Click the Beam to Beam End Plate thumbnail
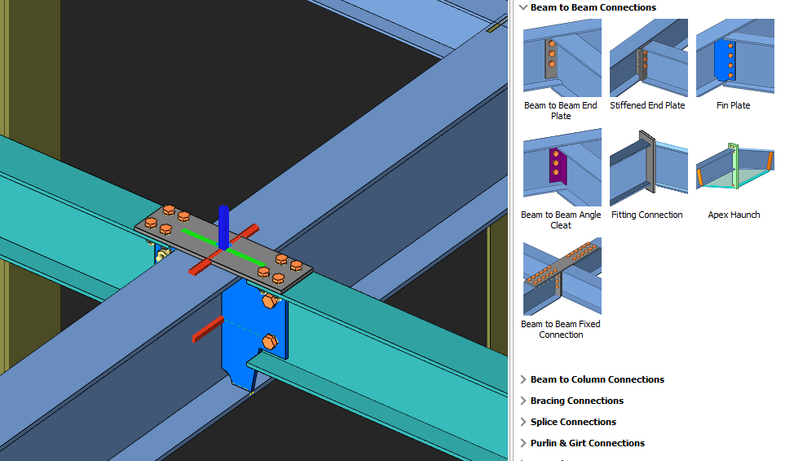pos(562,58)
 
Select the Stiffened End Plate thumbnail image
pos(648,58)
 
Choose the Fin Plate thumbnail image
pos(734,58)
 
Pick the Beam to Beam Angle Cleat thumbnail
pos(562,167)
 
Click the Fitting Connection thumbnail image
pos(648,167)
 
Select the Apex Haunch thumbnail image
pos(734,167)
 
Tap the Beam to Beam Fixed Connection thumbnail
pos(562,277)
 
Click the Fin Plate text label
pos(734,105)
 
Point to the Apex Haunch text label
pos(734,215)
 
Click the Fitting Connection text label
pos(647,215)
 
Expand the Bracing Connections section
pos(576,401)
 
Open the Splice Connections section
pos(573,422)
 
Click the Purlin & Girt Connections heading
pos(587,443)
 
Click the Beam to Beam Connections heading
pos(593,7)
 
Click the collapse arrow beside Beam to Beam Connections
pos(523,7)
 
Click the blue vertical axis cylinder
pos(223,228)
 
